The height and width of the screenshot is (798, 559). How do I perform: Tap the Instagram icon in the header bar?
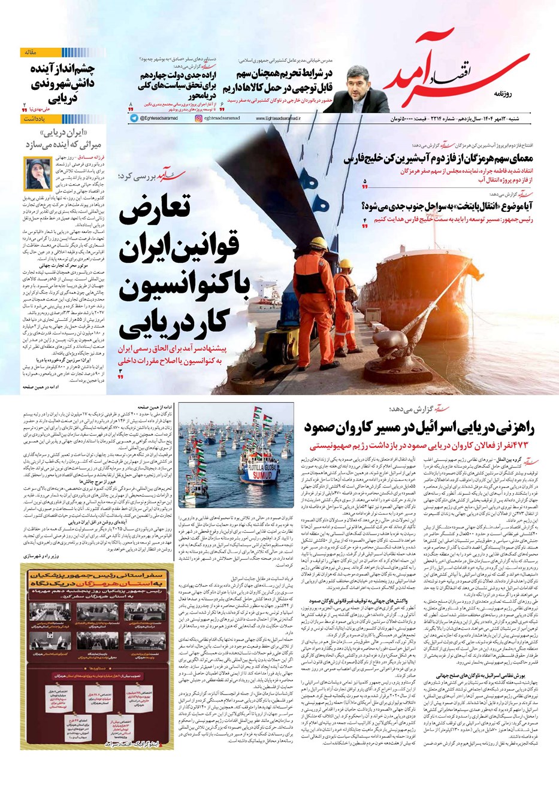coord(198,119)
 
